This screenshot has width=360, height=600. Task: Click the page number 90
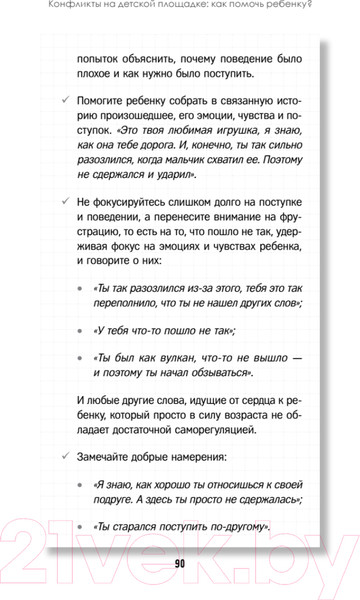point(180,563)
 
